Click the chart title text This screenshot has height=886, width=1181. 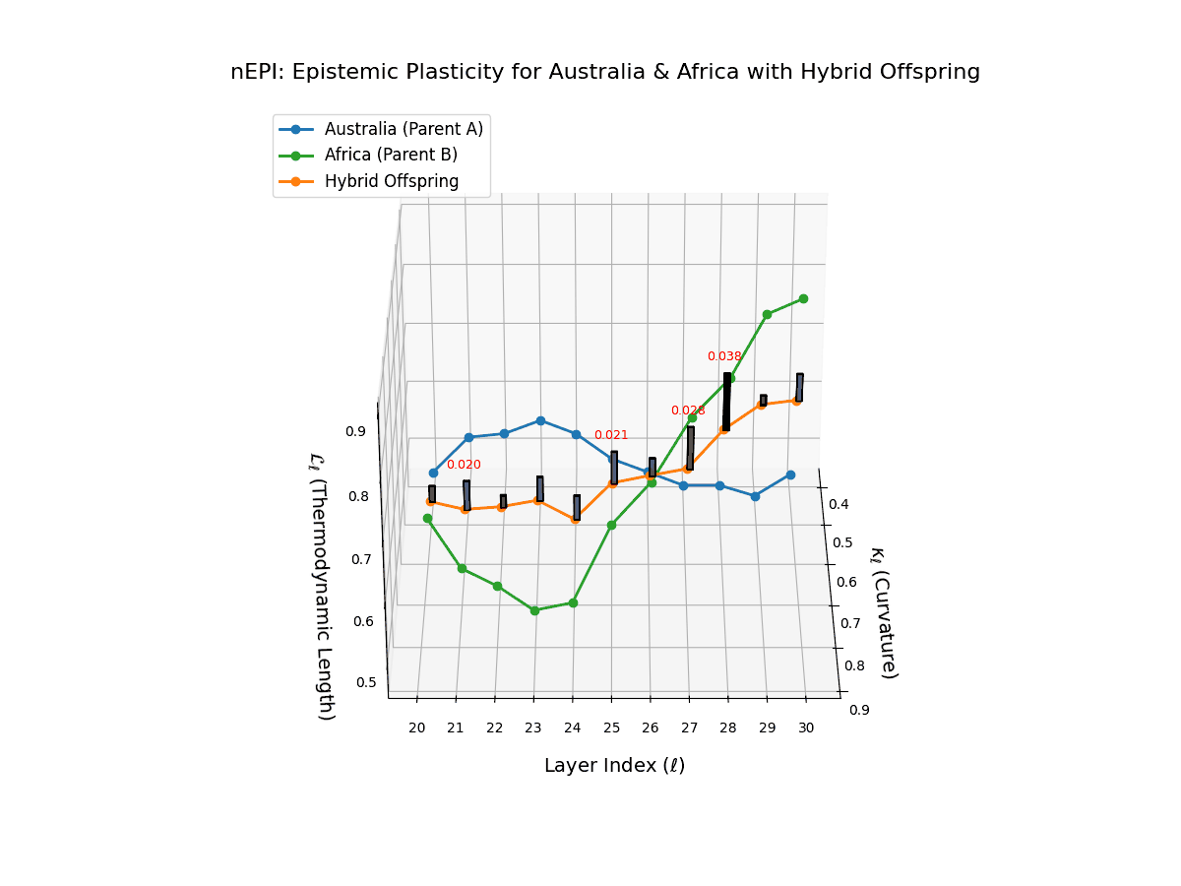tap(605, 72)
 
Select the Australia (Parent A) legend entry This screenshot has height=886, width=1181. tap(404, 129)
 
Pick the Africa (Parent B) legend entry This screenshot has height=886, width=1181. tap(391, 155)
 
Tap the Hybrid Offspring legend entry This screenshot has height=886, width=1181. tap(392, 181)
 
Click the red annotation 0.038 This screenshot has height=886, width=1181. tap(724, 356)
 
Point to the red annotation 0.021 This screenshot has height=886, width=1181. tap(611, 435)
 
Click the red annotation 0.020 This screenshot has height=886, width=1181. tap(464, 465)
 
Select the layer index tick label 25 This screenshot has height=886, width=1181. tap(611, 728)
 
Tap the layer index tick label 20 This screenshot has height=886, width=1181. tap(417, 728)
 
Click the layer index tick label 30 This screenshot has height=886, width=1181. tap(806, 728)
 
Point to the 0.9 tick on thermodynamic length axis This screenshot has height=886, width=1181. tap(354, 431)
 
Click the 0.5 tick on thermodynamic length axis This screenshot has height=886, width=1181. tap(365, 682)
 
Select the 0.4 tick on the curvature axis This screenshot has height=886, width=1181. tap(838, 505)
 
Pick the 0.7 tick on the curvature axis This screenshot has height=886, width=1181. tap(846, 623)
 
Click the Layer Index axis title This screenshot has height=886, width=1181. tap(614, 766)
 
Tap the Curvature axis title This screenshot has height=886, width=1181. tap(882, 612)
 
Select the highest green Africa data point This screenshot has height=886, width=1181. tap(803, 298)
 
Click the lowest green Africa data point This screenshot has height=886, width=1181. tap(534, 610)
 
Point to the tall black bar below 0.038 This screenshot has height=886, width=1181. tap(726, 402)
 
